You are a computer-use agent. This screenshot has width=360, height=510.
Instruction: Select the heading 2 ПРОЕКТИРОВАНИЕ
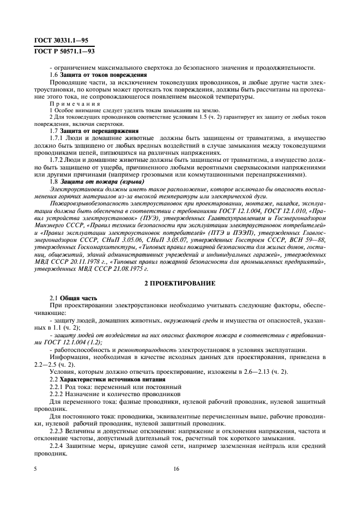click(x=179, y=284)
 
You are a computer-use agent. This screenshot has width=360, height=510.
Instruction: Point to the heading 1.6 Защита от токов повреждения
click(x=97, y=75)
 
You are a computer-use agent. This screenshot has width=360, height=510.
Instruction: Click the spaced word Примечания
click(x=70, y=103)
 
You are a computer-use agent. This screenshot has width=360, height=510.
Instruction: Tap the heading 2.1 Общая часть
click(x=74, y=298)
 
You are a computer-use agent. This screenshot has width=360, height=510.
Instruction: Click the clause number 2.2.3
click(x=57, y=429)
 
